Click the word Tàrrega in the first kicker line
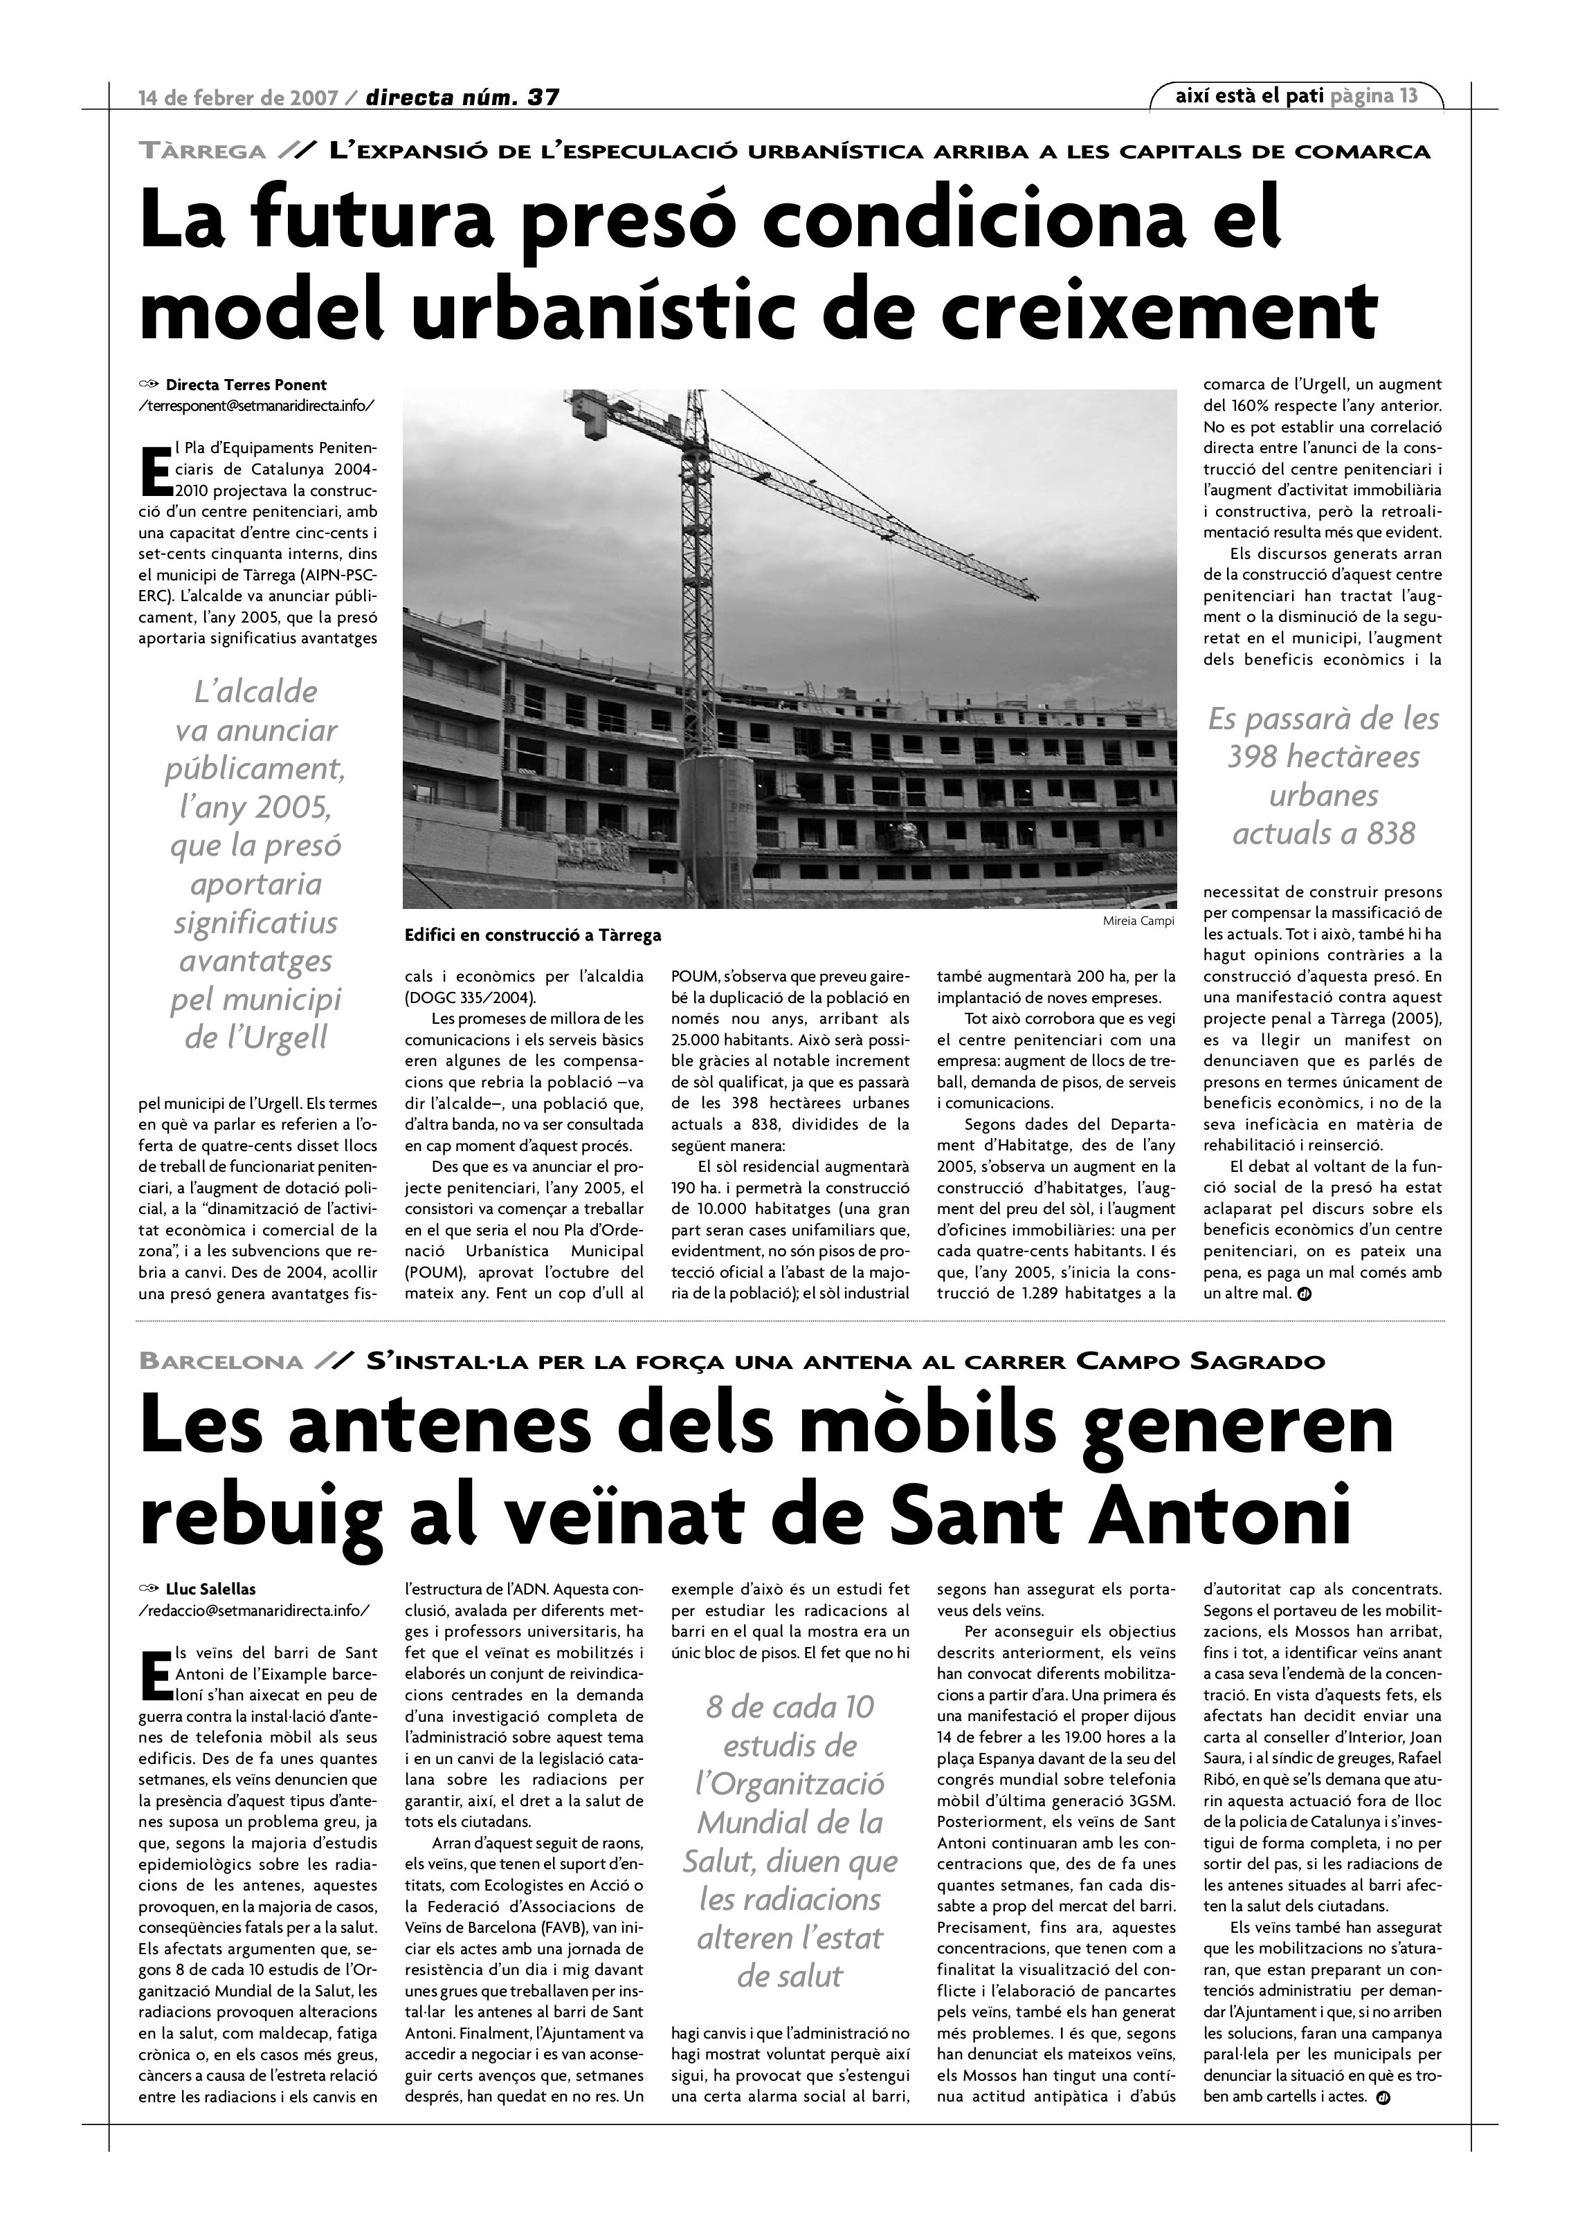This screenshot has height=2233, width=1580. point(202,151)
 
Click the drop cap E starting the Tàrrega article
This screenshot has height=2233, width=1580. point(155,470)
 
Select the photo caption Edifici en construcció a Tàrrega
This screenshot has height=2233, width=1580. point(532,935)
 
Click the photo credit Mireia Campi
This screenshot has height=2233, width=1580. point(1138,921)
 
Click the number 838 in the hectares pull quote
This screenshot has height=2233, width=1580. point(1381,834)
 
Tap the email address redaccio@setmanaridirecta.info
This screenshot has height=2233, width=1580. point(254,1610)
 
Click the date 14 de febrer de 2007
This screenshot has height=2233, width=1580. point(238,98)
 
